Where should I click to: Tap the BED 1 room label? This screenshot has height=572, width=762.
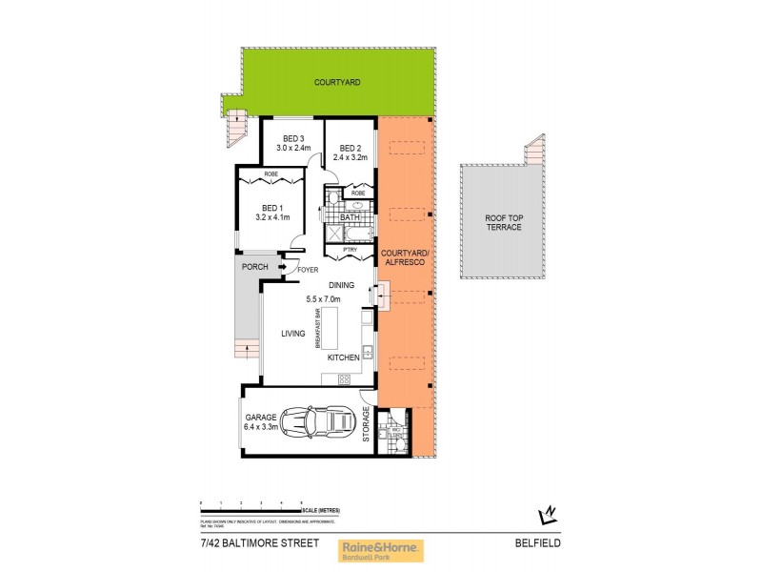[x=271, y=208]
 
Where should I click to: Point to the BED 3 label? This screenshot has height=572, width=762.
[x=292, y=138]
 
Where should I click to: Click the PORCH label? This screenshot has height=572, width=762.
[x=254, y=267]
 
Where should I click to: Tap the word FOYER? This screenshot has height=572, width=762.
[x=307, y=270]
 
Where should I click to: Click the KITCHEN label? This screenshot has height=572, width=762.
[x=343, y=357]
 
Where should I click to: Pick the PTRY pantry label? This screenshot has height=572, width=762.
[x=351, y=250]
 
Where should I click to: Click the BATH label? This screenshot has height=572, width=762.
[x=350, y=217]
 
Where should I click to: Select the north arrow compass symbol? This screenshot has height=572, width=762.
[x=547, y=515]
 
